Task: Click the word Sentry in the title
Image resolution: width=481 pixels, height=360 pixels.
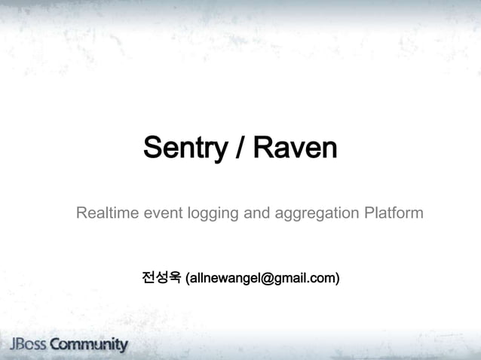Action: click(185, 148)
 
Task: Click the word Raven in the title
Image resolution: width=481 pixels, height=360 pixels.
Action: click(295, 148)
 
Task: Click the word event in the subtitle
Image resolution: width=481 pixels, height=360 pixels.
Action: click(159, 215)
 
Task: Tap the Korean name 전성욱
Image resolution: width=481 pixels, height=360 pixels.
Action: click(161, 279)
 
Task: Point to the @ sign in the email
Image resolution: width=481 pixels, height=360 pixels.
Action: click(262, 279)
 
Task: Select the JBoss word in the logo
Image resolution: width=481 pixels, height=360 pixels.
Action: click(26, 345)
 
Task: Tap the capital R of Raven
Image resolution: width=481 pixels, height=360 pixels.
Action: click(262, 148)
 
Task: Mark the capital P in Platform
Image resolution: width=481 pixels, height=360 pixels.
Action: click(368, 215)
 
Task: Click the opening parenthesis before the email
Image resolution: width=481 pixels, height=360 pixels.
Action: click(187, 279)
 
